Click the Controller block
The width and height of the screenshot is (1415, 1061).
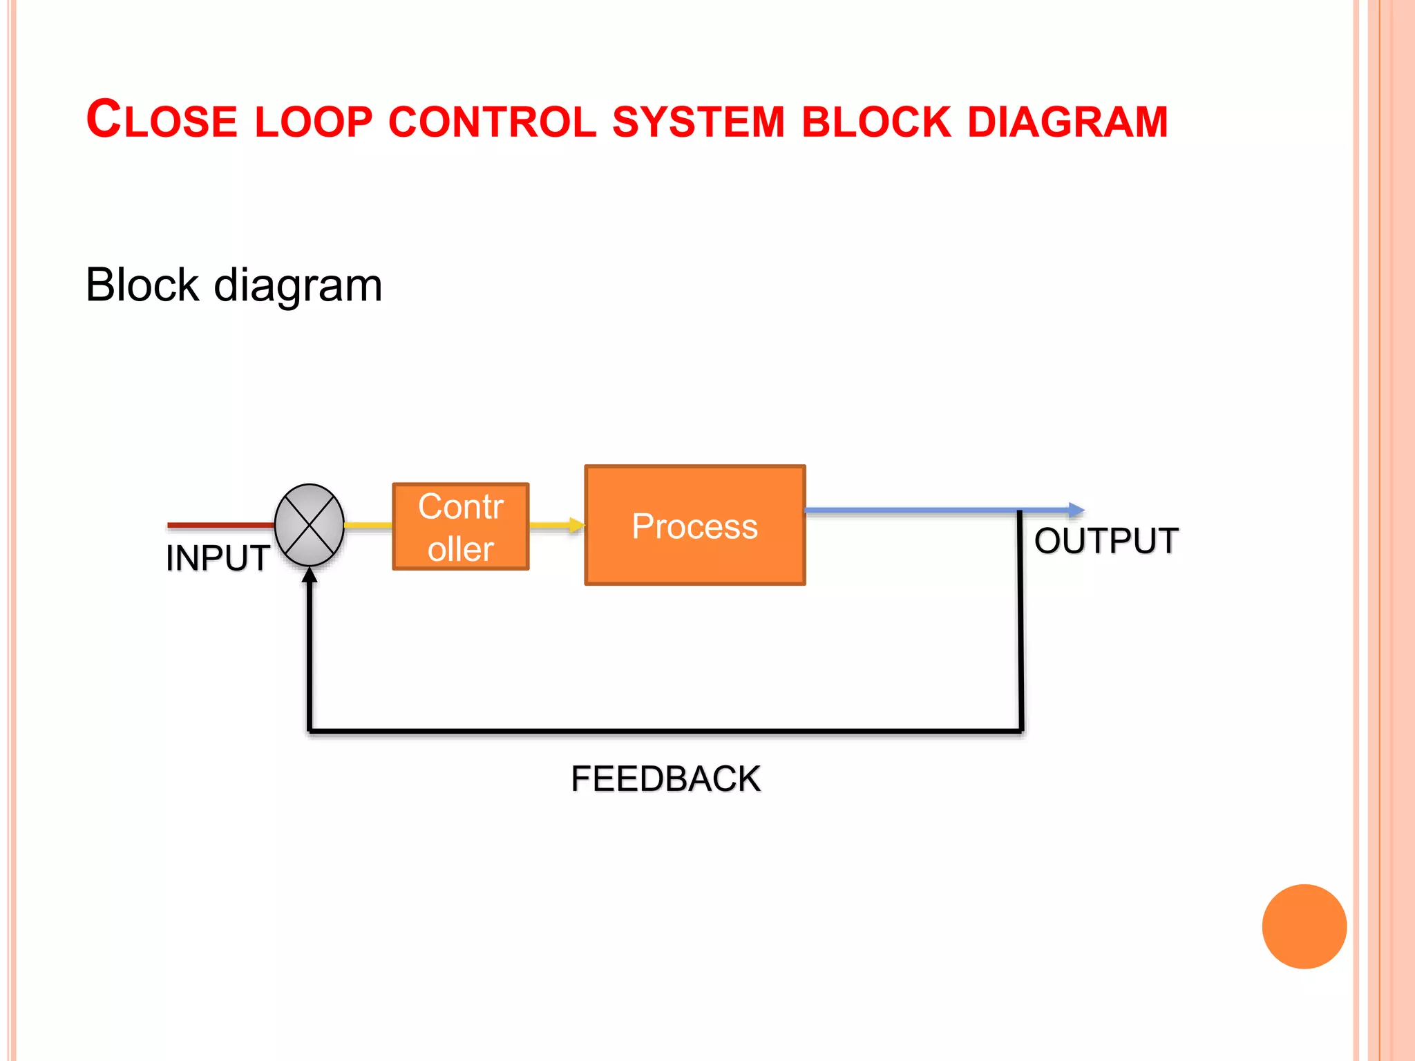coord(461,527)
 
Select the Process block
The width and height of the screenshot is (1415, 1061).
coord(695,526)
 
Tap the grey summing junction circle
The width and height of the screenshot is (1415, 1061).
coord(310,525)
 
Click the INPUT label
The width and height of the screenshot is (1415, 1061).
coord(218,558)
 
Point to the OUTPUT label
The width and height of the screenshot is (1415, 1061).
coord(1106,541)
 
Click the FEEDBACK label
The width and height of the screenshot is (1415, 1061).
coord(665,779)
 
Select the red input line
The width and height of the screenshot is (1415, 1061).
coord(221,526)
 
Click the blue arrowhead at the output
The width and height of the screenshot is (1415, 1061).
coord(1076,510)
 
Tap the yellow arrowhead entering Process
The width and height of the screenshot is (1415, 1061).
coord(576,526)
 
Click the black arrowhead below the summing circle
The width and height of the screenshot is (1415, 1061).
coord(310,575)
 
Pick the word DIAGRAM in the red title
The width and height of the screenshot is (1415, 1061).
coord(1067,122)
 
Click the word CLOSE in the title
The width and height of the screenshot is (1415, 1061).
coord(162,120)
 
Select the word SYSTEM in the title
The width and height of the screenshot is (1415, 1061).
coord(699,122)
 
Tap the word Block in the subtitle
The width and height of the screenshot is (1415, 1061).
coord(142,285)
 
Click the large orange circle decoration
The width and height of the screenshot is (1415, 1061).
coord(1304,926)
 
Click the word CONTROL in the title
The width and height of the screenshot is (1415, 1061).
coord(492,122)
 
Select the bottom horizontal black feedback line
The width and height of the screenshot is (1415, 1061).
coord(663,730)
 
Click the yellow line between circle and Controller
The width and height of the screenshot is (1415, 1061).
coord(368,526)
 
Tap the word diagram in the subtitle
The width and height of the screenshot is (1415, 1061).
coord(298,286)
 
